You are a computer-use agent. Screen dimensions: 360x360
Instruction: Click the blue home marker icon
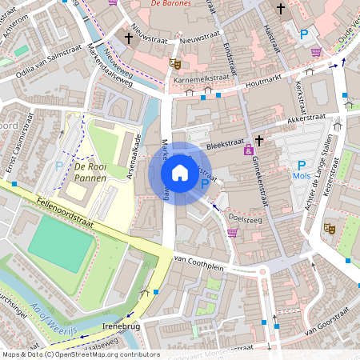tap(180, 173)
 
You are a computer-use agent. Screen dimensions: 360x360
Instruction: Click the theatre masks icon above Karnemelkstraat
tap(175, 63)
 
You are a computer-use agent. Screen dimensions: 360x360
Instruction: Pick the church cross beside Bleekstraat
tap(259, 140)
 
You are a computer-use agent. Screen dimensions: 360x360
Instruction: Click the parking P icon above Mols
tap(302, 165)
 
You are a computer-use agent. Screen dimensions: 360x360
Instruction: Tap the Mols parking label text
tap(302, 176)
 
